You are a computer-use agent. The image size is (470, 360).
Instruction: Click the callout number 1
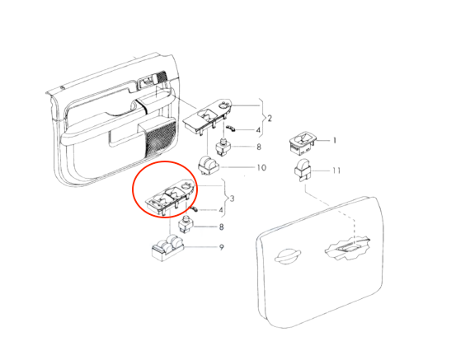(x=334, y=140)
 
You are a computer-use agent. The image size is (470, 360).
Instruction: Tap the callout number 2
(x=270, y=119)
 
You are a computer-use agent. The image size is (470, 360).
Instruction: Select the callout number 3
(x=232, y=199)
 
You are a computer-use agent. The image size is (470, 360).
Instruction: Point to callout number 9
(x=222, y=247)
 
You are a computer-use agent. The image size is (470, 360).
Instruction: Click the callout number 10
(x=261, y=167)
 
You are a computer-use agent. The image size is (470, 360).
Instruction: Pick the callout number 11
(x=336, y=171)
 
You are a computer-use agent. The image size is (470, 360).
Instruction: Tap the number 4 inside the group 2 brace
(x=258, y=130)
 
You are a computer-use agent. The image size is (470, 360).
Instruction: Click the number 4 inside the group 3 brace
(x=221, y=210)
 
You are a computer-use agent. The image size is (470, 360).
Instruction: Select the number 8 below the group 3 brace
(x=221, y=227)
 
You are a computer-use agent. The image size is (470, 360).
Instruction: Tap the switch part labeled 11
(x=302, y=171)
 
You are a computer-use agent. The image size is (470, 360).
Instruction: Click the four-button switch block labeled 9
(x=167, y=248)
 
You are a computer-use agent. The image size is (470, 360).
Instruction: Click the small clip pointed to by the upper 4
(x=231, y=129)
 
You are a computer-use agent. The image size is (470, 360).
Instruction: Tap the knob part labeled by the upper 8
(x=223, y=147)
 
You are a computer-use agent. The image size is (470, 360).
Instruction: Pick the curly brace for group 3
(x=225, y=199)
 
